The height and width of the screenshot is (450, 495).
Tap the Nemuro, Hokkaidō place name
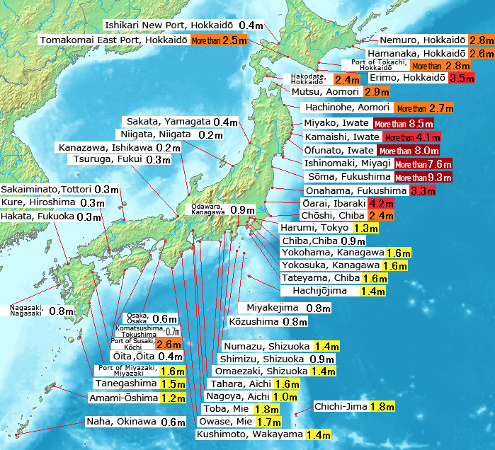[x=422, y=40]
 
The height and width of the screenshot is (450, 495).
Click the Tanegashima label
[x=126, y=383]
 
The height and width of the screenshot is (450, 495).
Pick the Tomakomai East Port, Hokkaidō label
[x=114, y=40]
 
